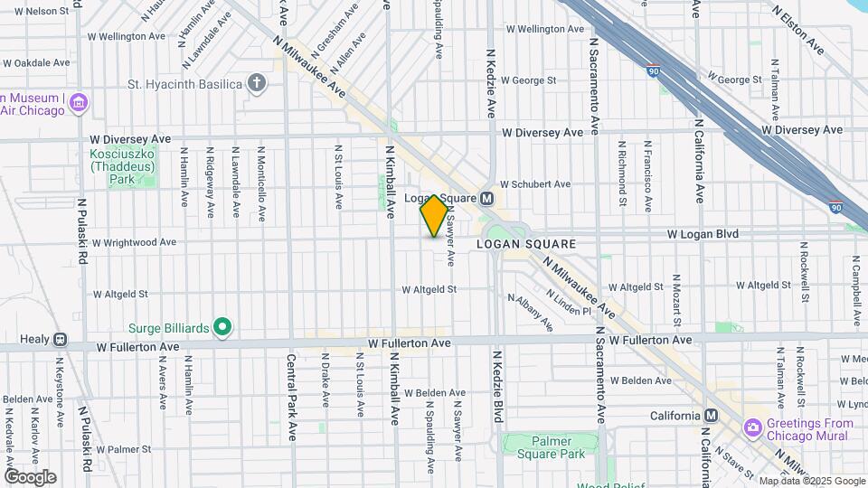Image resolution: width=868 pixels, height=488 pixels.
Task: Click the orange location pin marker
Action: pos(434,216)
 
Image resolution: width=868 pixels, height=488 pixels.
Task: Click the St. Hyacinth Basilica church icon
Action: pos(258,84)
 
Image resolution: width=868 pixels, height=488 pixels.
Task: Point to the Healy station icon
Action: pos(60,340)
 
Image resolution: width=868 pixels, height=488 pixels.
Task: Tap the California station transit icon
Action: pos(711,416)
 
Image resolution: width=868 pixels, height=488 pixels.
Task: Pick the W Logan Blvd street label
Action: pos(703,234)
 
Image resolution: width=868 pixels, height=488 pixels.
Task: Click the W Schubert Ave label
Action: pos(535,183)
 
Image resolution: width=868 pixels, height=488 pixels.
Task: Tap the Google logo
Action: pos(30,477)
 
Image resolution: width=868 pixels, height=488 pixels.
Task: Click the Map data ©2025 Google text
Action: pos(811,481)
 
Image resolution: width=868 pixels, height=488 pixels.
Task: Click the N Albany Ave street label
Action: pos(530,311)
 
